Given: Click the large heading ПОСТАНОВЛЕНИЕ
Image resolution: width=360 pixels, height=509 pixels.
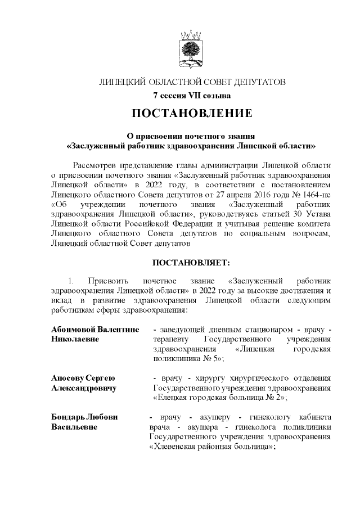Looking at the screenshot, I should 192,114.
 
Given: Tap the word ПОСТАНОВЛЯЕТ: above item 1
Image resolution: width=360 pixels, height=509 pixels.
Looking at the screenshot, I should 191,262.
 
